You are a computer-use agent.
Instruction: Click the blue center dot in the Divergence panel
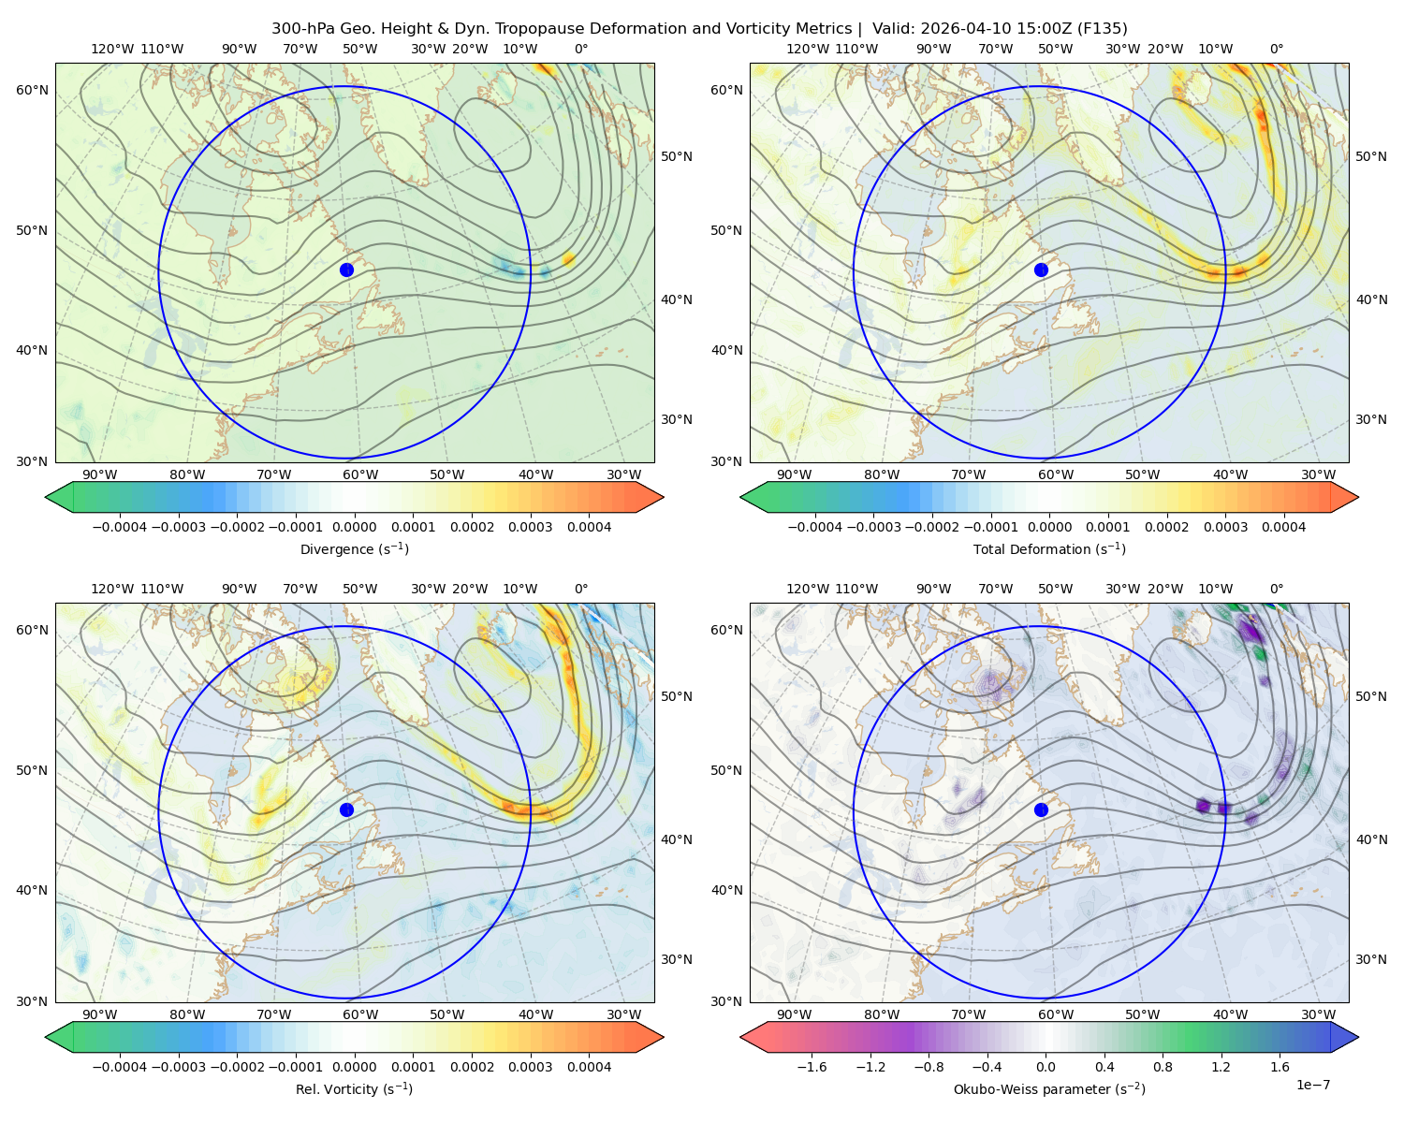point(346,270)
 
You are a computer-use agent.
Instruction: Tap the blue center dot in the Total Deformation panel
point(1041,270)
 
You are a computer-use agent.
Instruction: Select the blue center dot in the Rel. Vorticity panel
point(346,809)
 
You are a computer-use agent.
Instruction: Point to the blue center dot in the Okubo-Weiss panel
point(1041,809)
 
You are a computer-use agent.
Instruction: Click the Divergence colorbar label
point(354,549)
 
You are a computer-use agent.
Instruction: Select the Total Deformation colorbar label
point(1049,549)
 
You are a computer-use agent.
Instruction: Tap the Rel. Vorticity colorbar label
point(354,1089)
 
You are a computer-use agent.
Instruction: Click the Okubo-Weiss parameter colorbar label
point(1049,1089)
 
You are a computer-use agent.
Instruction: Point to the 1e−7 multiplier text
point(1312,1085)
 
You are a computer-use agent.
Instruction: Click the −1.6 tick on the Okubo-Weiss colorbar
point(812,1067)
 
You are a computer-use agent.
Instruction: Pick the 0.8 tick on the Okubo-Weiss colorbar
point(1163,1067)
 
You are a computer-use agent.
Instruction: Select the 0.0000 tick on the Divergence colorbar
point(354,527)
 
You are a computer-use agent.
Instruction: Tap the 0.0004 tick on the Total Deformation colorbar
point(1284,527)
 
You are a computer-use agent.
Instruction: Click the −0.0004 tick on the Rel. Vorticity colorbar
point(120,1067)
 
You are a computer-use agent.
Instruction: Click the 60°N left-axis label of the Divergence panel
point(32,90)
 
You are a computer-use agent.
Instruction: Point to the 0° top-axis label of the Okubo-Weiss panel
point(1276,589)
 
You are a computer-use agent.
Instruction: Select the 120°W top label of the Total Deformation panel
point(808,49)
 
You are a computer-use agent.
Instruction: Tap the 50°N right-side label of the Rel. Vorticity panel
point(677,696)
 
